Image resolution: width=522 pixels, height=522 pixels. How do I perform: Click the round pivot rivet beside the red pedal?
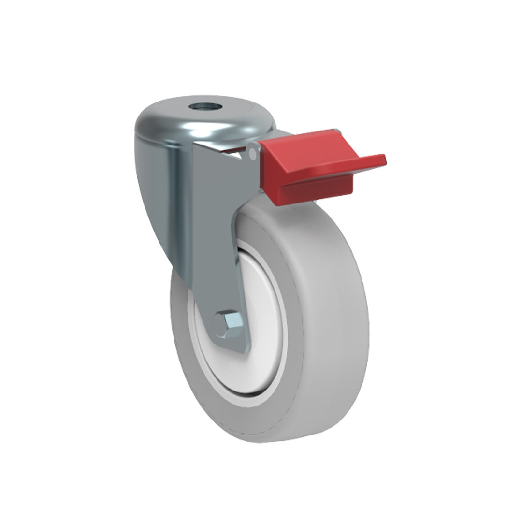(x=253, y=153)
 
